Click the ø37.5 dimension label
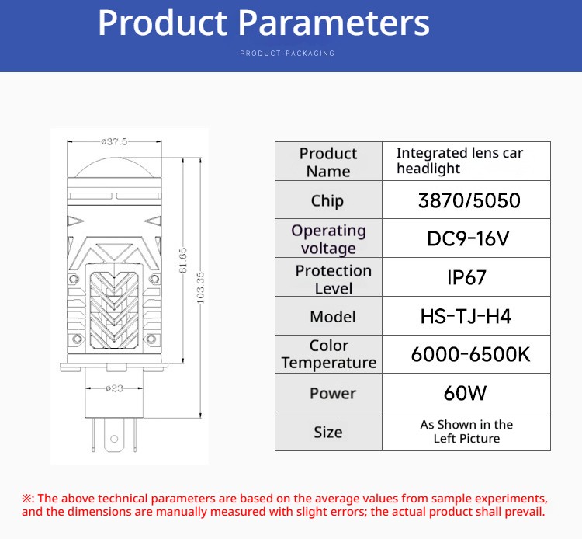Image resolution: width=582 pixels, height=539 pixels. click(x=114, y=141)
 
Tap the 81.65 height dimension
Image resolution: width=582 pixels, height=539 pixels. click(x=182, y=260)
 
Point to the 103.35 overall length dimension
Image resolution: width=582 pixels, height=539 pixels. click(x=200, y=287)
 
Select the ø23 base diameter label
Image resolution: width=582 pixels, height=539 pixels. click(x=114, y=388)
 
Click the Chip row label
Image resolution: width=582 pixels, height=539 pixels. click(x=327, y=201)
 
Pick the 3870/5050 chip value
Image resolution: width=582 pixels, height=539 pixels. click(x=469, y=200)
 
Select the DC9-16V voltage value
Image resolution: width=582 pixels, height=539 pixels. click(x=468, y=238)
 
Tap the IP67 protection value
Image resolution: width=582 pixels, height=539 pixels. click(x=466, y=277)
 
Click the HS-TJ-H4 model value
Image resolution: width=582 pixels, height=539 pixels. click(x=466, y=317)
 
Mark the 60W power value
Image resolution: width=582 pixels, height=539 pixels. click(x=465, y=393)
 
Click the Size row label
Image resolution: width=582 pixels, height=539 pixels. click(x=328, y=432)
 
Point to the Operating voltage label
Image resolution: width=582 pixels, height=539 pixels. click(x=328, y=239)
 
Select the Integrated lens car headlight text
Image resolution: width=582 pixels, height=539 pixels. click(x=459, y=161)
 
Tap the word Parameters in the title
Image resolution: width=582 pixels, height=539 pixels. click(x=334, y=23)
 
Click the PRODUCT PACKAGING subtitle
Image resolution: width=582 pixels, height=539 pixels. click(x=287, y=53)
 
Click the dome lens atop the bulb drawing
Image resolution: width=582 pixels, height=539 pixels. click(x=114, y=168)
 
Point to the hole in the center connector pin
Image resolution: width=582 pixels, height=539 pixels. click(x=114, y=439)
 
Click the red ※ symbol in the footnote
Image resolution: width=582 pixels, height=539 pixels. click(x=27, y=498)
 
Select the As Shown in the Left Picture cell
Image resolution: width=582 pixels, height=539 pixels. click(x=466, y=432)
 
